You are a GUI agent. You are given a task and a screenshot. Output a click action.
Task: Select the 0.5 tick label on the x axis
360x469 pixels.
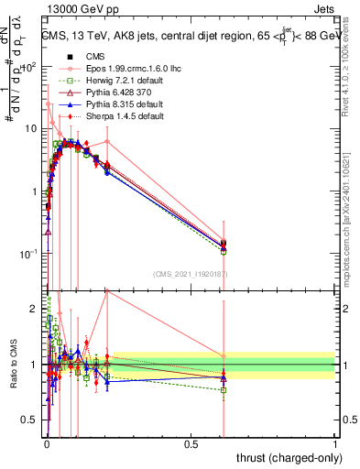point(191,444)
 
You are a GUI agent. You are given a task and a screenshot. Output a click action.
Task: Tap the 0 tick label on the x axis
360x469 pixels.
point(47,444)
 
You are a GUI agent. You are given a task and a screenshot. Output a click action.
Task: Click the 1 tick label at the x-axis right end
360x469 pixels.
point(334,444)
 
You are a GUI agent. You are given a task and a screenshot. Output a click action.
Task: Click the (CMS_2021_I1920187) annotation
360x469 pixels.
point(191,273)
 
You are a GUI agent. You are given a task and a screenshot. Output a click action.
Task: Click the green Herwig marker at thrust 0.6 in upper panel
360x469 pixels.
point(224,251)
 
